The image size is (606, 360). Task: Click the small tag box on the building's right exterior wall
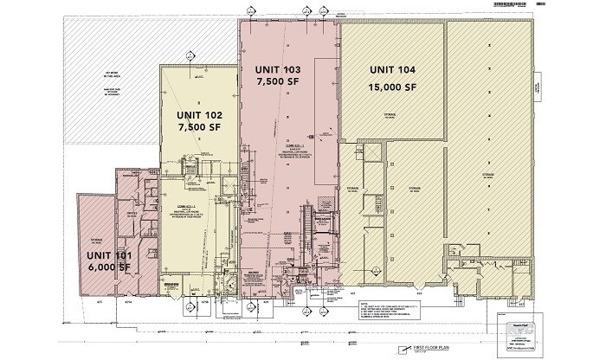coord(537,87)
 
